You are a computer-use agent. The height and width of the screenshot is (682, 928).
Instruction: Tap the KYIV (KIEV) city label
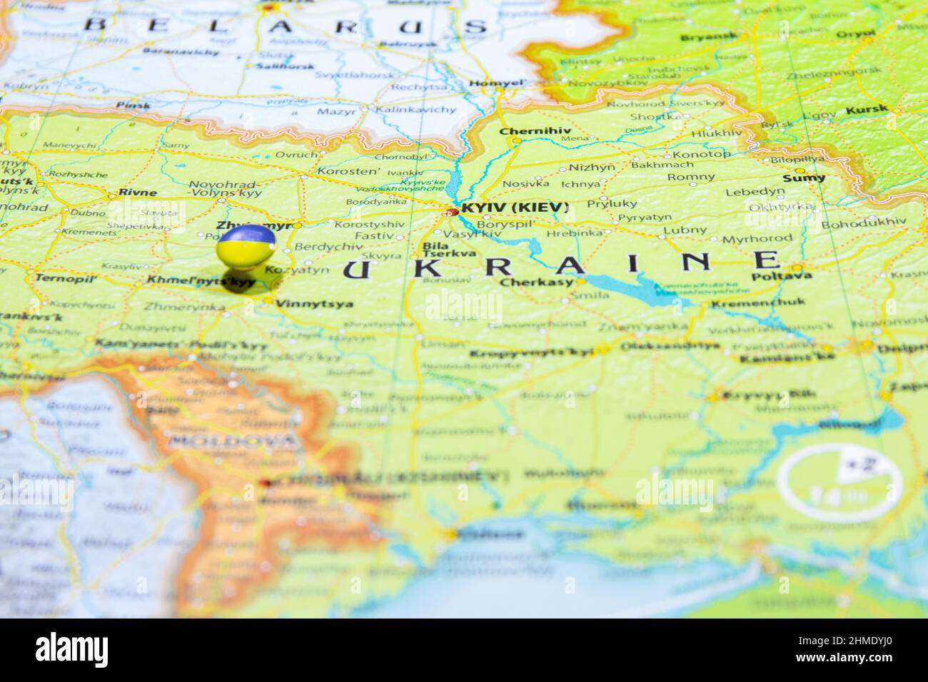coord(515,208)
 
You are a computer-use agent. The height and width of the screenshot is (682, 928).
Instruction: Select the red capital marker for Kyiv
coord(453,212)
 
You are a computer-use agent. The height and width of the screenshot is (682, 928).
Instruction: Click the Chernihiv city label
coord(525,131)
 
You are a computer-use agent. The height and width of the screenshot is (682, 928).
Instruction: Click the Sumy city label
coord(804,178)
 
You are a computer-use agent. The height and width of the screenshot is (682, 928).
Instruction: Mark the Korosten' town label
coord(349,171)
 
